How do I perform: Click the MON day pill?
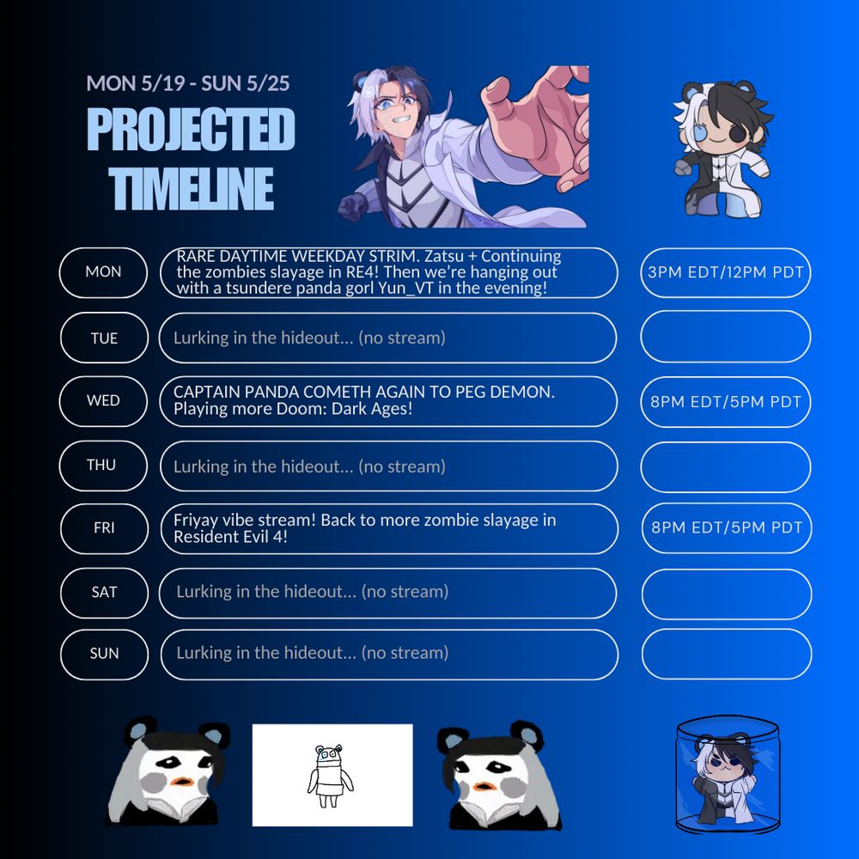tap(103, 272)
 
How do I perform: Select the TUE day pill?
tap(104, 338)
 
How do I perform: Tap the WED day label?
tap(103, 401)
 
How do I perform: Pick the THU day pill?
tap(103, 466)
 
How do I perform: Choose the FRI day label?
tap(104, 528)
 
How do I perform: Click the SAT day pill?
tap(104, 594)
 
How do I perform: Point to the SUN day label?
tap(104, 654)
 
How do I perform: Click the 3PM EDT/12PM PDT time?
tap(725, 272)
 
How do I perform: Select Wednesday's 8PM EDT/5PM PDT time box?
tap(725, 401)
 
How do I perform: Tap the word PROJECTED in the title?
tap(191, 130)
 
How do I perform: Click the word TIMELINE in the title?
tap(192, 188)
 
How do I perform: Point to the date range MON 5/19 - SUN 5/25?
tap(188, 83)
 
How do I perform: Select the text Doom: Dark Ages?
tap(353, 409)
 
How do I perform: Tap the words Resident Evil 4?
tap(230, 536)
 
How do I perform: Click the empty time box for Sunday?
tap(727, 654)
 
